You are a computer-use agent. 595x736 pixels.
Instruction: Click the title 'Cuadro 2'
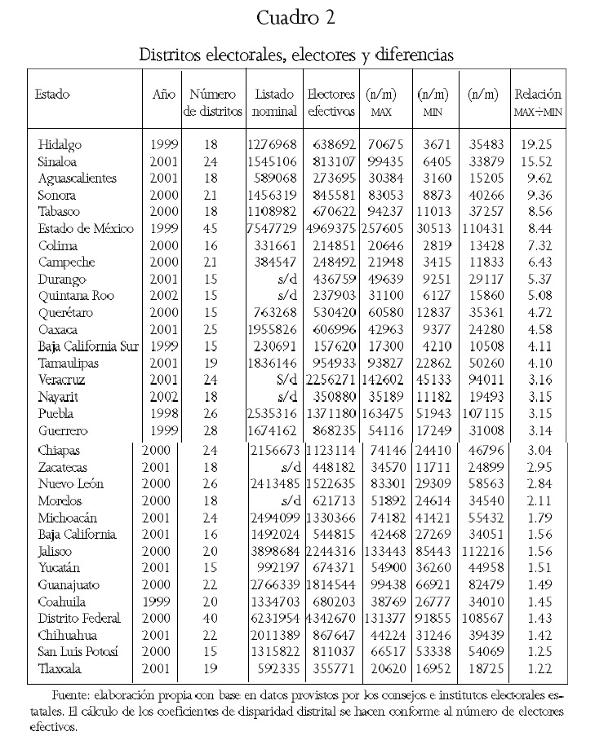(296, 18)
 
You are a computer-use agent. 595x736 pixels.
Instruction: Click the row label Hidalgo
(60, 144)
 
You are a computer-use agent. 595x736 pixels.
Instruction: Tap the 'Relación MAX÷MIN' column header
(538, 102)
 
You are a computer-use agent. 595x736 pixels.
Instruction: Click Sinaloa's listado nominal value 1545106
(274, 161)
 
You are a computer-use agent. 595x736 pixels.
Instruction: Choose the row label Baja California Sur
(88, 346)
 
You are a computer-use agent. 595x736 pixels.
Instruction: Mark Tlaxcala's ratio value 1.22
(538, 668)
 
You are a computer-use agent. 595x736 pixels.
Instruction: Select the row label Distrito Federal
(80, 618)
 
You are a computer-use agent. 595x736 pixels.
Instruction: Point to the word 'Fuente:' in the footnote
(71, 698)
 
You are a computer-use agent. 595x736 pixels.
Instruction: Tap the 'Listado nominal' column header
(274, 102)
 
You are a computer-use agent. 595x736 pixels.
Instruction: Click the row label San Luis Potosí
(78, 651)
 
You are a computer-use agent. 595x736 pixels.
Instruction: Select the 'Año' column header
(163, 94)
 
